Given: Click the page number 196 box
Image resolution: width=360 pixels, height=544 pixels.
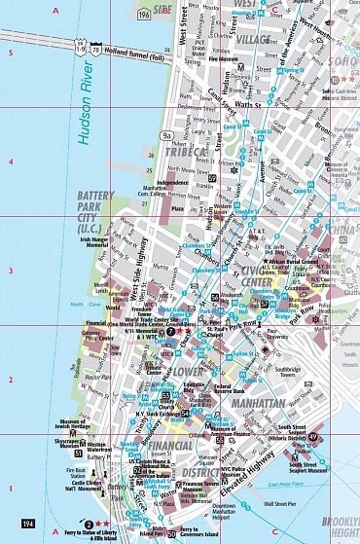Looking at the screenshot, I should tap(144, 16).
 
